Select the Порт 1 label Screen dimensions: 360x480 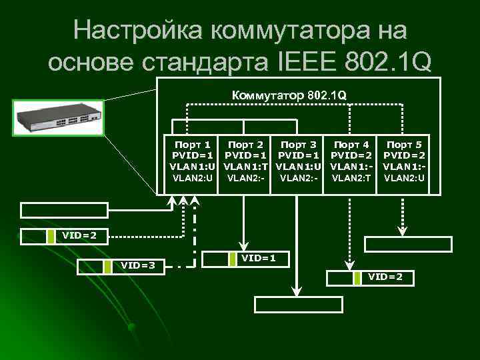(192, 144)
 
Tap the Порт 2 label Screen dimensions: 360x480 (245, 144)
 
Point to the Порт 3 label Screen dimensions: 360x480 (299, 144)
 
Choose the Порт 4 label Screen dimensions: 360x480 (351, 144)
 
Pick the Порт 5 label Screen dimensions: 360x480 (404, 144)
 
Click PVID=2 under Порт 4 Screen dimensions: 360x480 (351, 155)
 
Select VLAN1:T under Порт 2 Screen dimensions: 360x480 (245, 166)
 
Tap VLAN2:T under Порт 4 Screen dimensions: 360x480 (351, 177)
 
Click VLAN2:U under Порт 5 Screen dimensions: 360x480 (404, 177)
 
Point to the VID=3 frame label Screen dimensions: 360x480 (137, 266)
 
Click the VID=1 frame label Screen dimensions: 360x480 (259, 257)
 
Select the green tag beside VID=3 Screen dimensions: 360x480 (107, 267)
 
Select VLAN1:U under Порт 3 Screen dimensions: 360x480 (299, 166)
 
